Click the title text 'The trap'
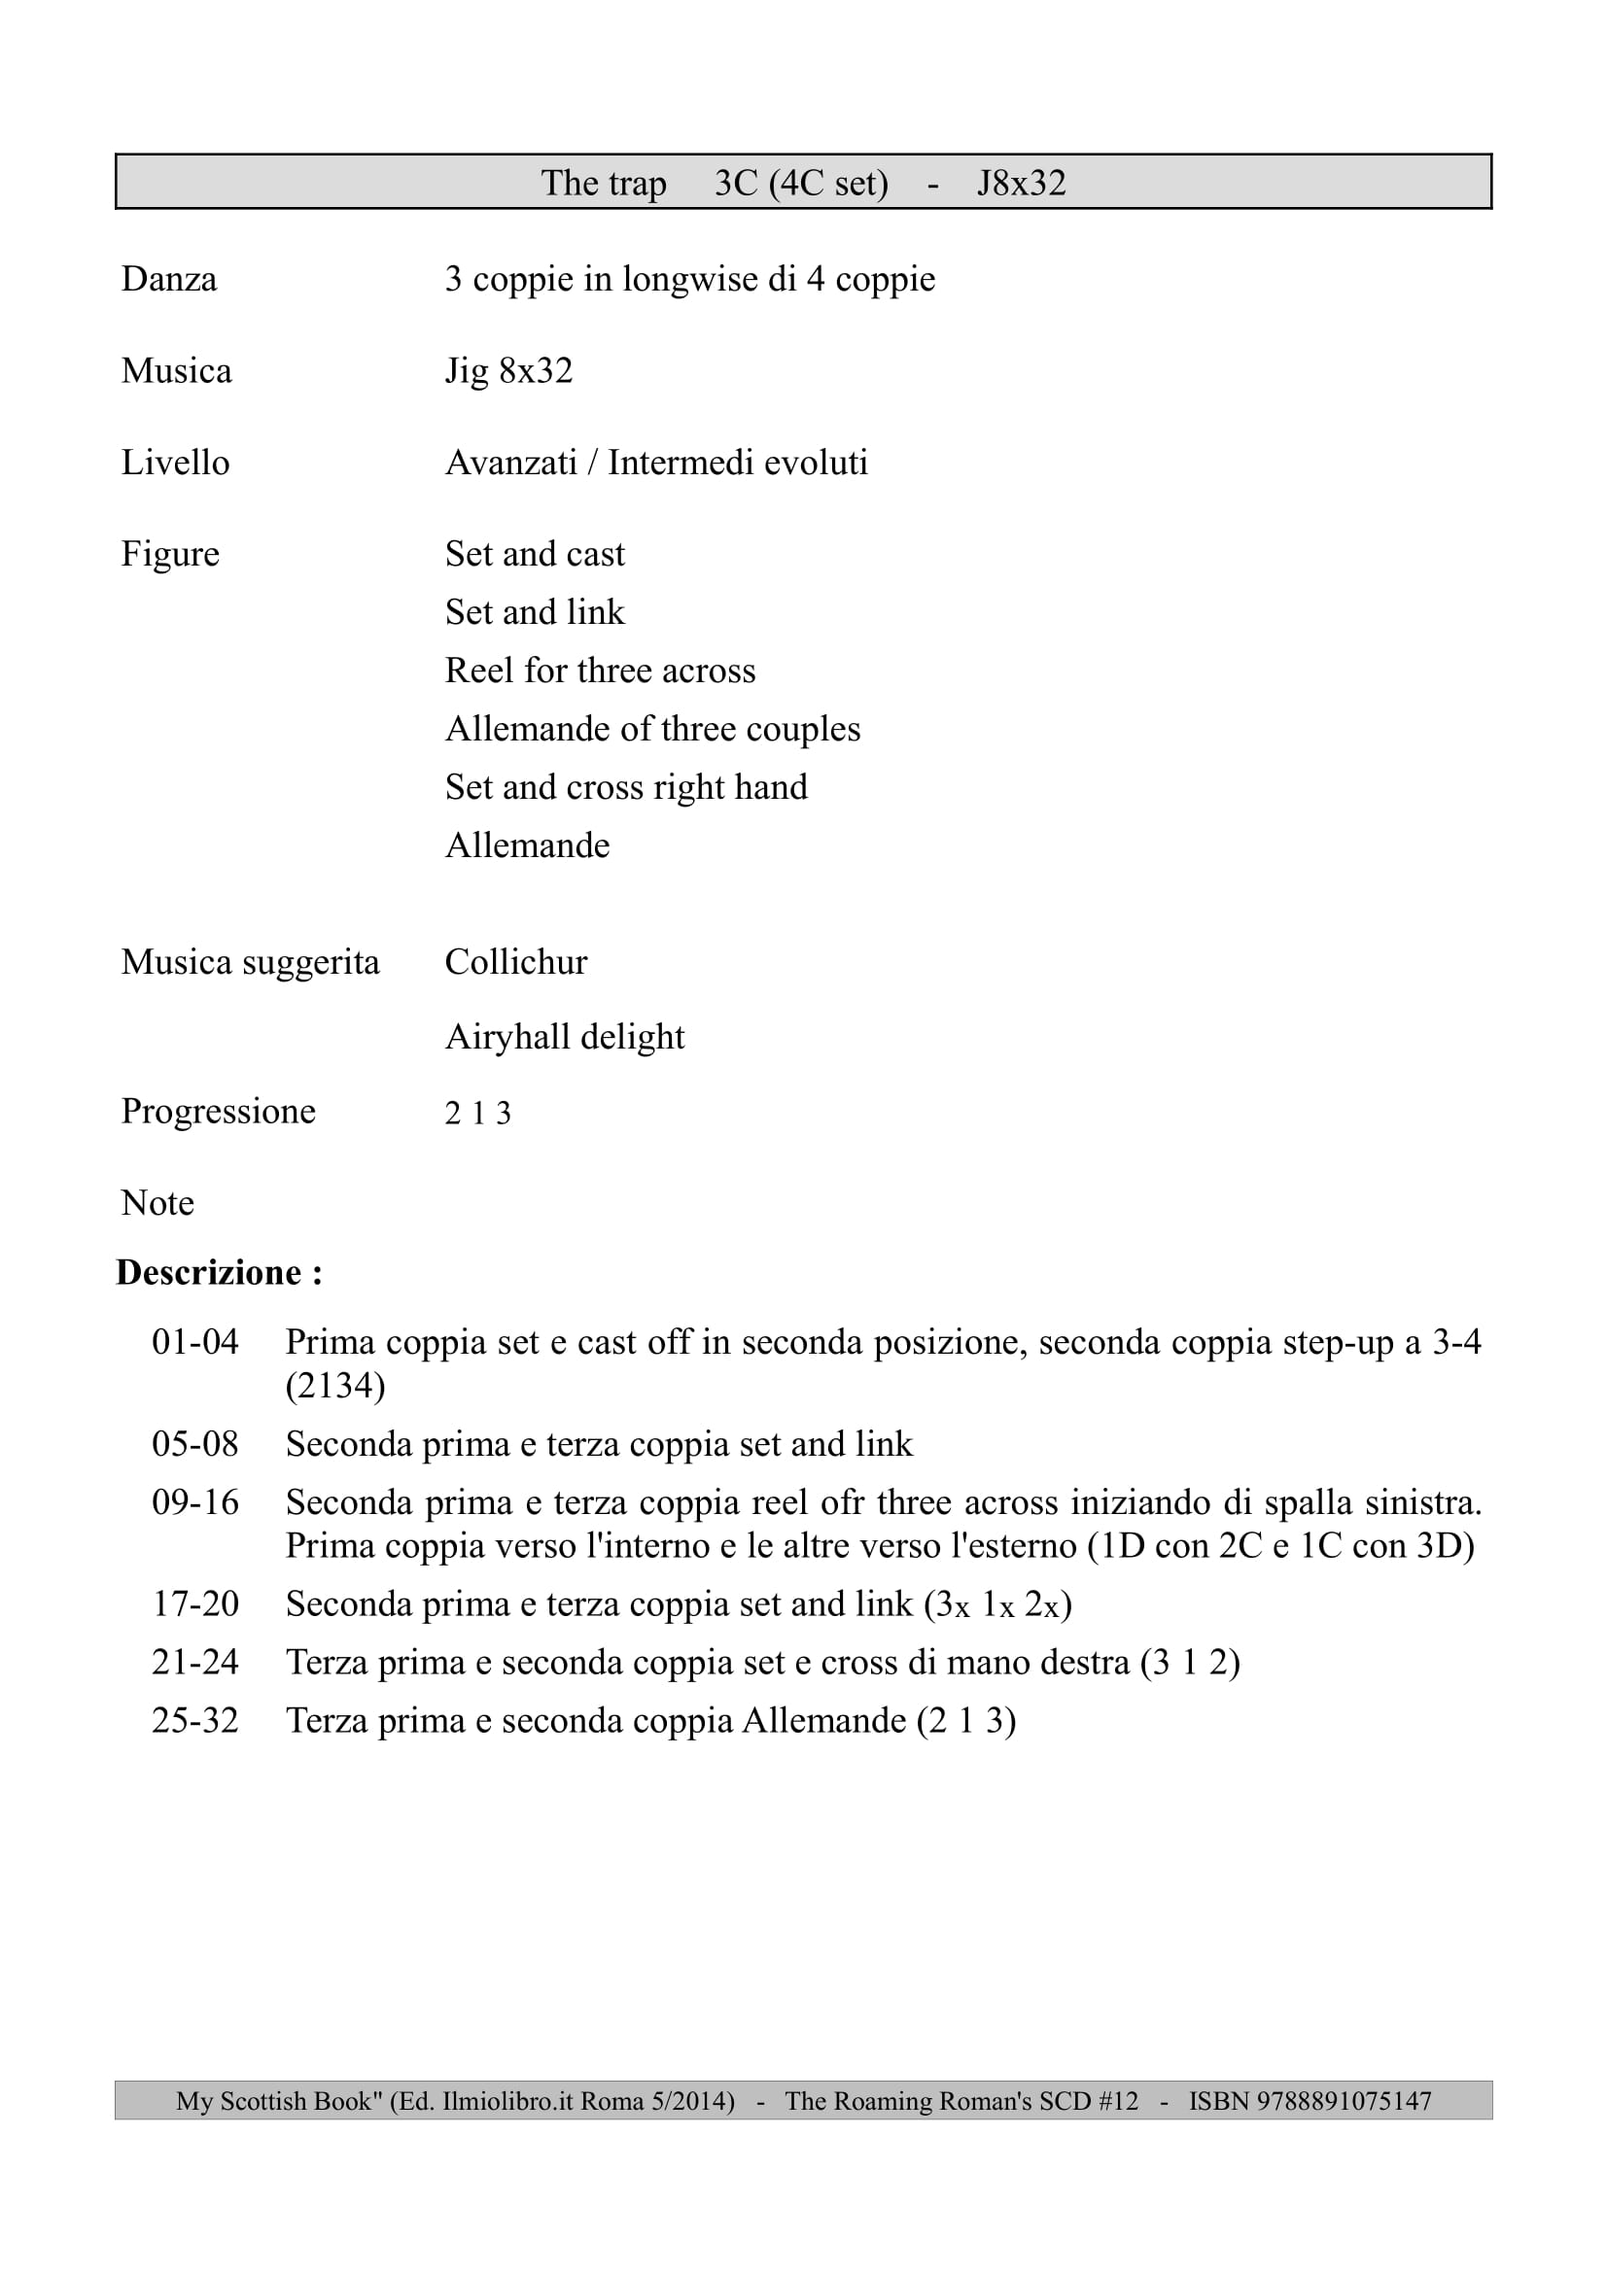tap(603, 183)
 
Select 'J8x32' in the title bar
tap(1021, 183)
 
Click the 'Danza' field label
tap(168, 279)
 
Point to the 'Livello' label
tap(174, 463)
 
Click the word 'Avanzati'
tap(511, 463)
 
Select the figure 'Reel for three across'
tap(600, 671)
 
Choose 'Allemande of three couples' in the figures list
tap(652, 729)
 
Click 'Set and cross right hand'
tap(626, 787)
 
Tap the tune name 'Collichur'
tap(516, 962)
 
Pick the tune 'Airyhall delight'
tap(565, 1037)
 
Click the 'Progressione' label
tap(218, 1111)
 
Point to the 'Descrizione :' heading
tap(219, 1272)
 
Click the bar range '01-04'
tap(195, 1341)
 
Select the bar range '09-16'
tap(195, 1501)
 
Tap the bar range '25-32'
tap(195, 1720)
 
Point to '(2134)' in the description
tap(334, 1385)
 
